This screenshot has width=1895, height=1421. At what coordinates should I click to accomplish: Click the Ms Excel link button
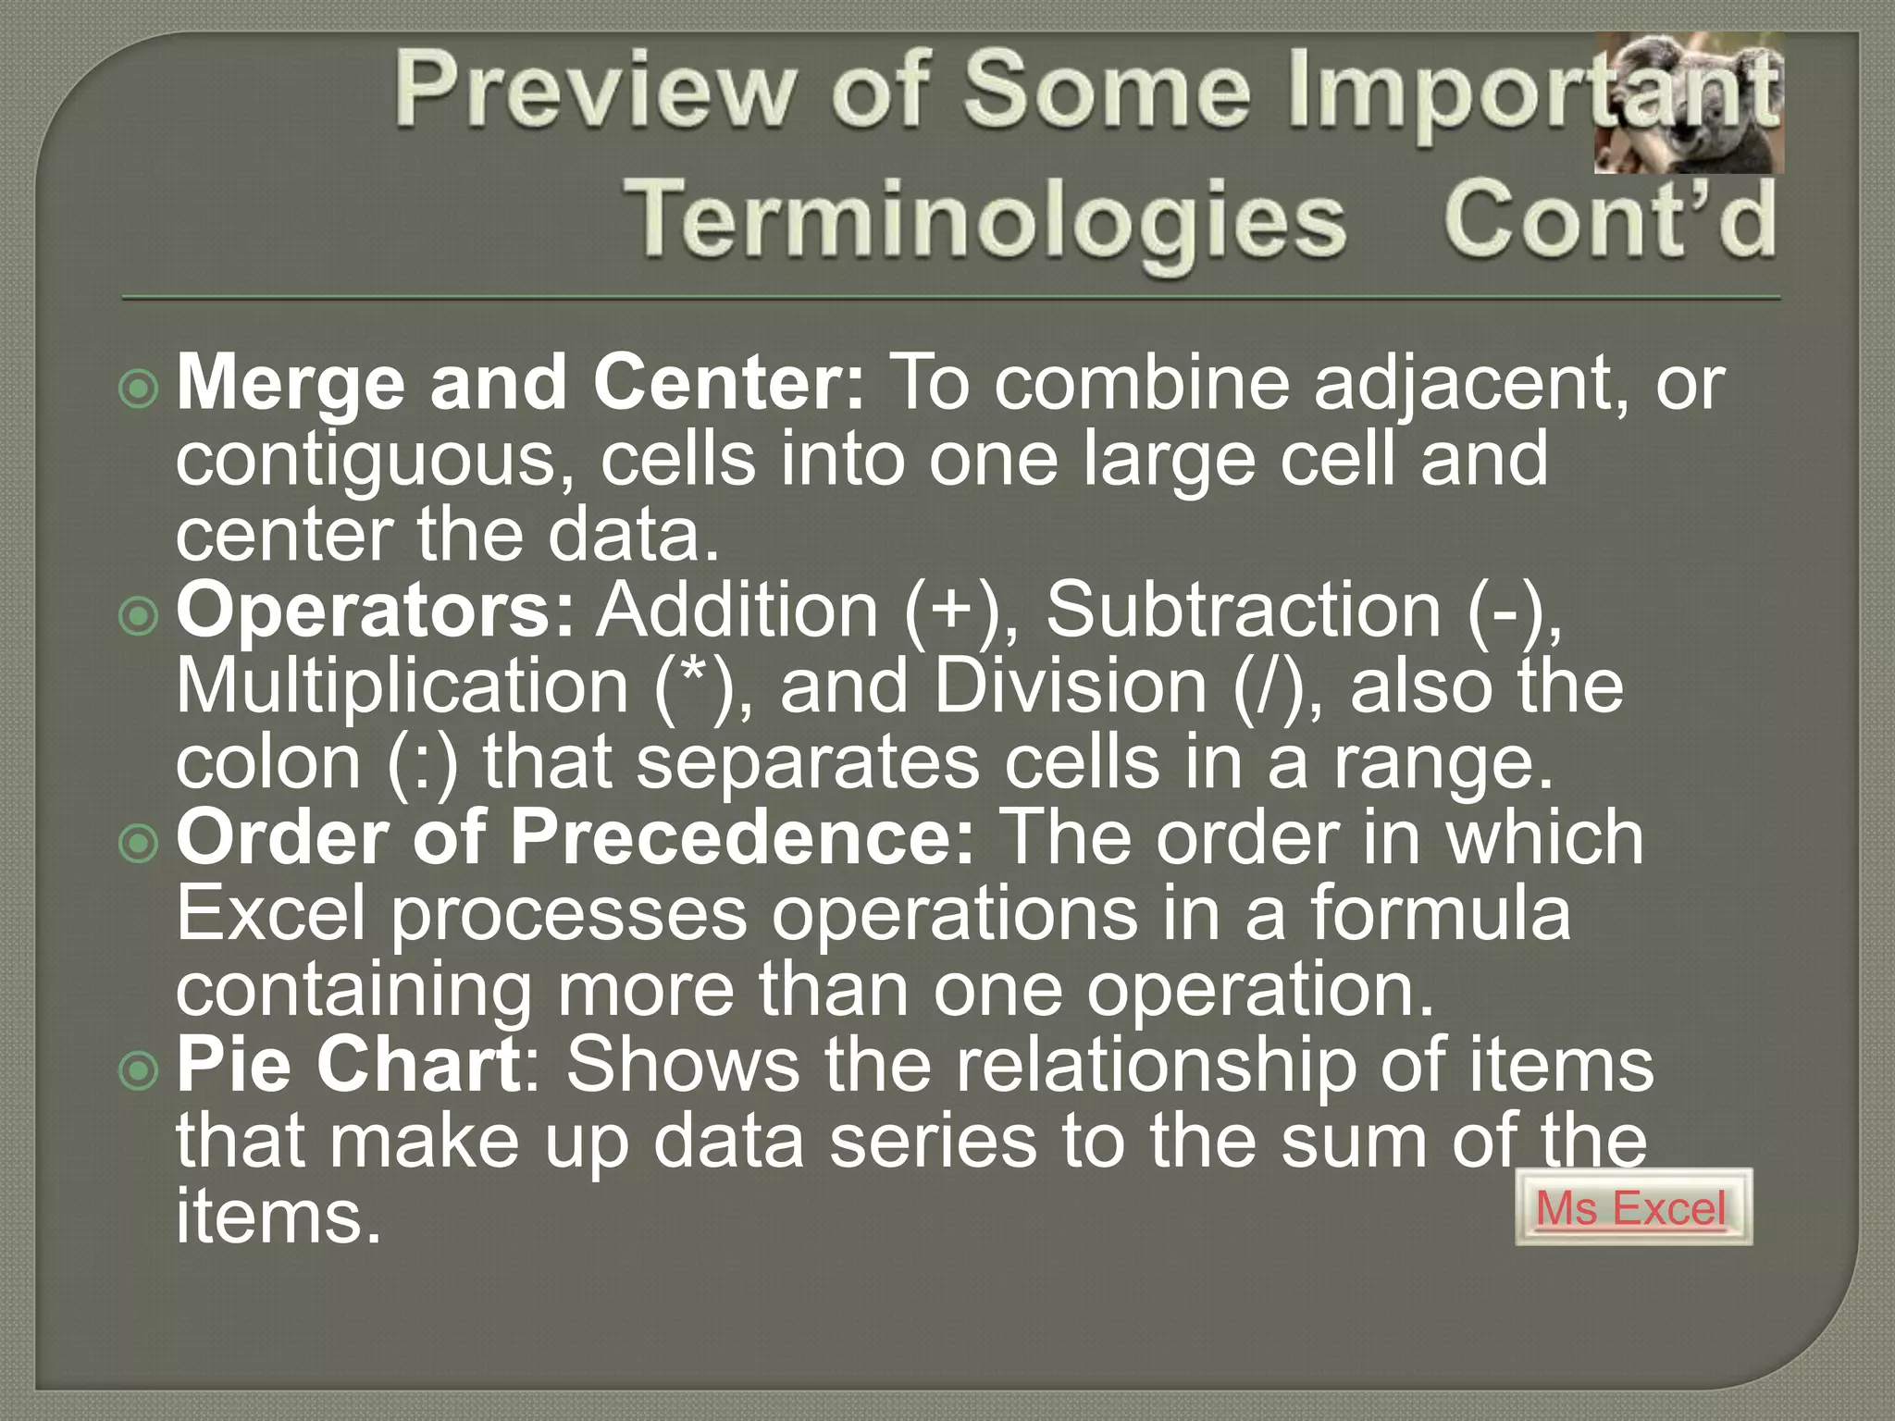(1632, 1207)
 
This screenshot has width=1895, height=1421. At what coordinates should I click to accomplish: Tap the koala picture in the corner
(1689, 104)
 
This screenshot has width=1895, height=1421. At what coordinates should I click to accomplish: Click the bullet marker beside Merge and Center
(139, 389)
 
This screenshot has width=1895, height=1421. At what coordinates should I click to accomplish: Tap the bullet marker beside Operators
(139, 616)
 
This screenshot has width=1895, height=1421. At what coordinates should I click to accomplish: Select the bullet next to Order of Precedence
(139, 843)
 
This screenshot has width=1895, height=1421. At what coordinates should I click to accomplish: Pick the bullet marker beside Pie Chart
(139, 1070)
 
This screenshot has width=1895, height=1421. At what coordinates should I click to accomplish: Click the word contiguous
(376, 461)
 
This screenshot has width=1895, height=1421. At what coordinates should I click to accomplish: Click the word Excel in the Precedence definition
(270, 914)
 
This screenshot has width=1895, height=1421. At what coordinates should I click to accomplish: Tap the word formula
(1440, 914)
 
